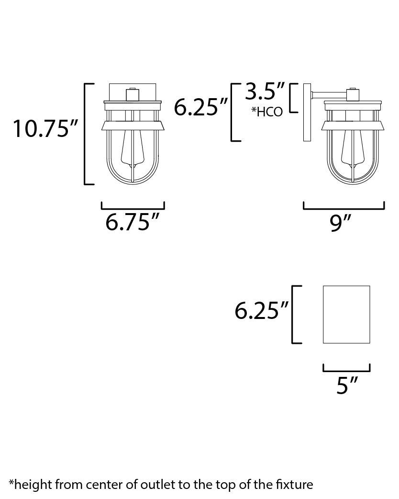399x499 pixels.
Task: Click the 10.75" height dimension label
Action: pos(45,128)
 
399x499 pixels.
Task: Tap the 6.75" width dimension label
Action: pos(132,222)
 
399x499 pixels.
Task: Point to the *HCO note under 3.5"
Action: pos(267,112)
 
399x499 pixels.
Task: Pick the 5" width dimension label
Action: pos(347,385)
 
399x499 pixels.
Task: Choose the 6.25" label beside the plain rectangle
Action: pos(262,310)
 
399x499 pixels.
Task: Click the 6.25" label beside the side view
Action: pos(201,107)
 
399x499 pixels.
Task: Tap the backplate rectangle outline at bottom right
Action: pos(323,315)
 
